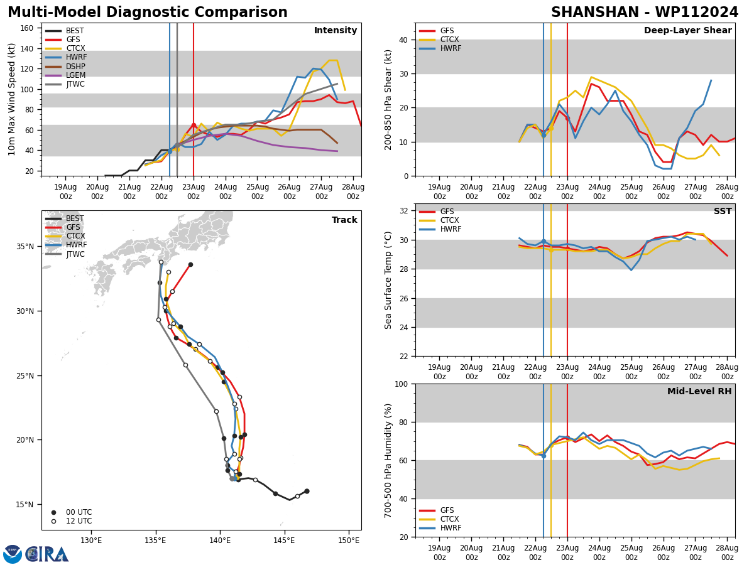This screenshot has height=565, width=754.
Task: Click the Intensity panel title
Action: point(336,31)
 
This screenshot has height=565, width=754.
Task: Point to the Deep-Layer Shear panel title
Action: point(687,31)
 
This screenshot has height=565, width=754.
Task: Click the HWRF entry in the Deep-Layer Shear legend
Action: point(450,48)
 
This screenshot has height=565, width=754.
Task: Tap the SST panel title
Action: point(723,212)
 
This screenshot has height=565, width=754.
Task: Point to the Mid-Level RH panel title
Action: point(699,392)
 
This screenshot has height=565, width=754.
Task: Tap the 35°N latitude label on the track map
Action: point(25,246)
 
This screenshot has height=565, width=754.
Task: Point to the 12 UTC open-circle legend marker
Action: point(54,521)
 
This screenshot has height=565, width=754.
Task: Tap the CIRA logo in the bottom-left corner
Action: point(36,554)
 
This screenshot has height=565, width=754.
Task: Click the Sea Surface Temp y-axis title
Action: point(388,280)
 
